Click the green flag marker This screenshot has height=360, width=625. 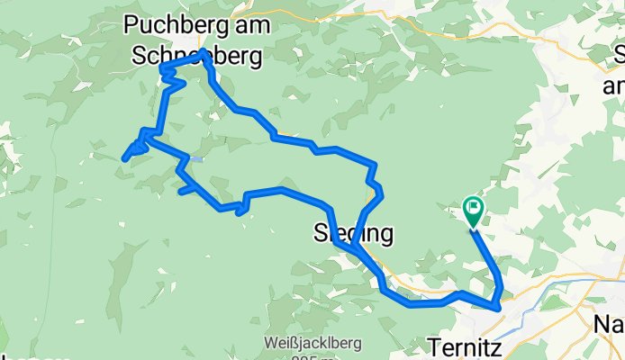pos(474,211)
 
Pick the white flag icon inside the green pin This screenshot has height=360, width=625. pos(474,209)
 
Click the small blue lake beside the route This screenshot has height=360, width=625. pos(195,159)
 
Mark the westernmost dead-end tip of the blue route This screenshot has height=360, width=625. pos(123,159)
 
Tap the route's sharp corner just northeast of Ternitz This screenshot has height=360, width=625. pos(498,309)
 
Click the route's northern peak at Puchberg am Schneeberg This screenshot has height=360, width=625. pos(203,52)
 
